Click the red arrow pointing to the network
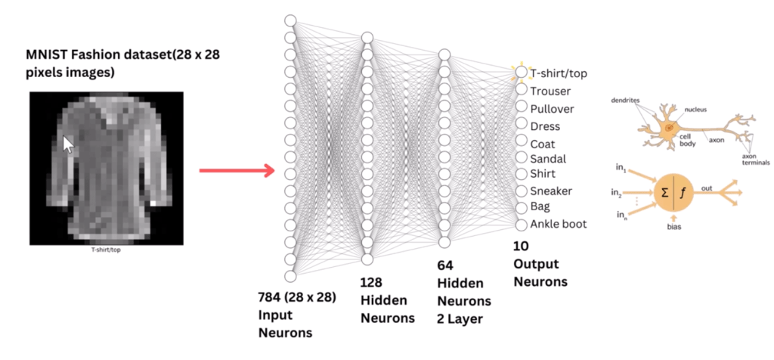click(235, 171)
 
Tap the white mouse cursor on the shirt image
click(68, 144)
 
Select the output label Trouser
click(550, 91)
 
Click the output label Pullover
click(553, 107)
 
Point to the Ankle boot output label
click(558, 224)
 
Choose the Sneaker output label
click(551, 191)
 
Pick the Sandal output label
click(548, 159)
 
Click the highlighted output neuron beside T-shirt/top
click(521, 73)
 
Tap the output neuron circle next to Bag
click(521, 207)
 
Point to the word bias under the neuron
click(674, 225)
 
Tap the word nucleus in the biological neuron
click(695, 110)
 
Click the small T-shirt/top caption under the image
click(106, 247)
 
